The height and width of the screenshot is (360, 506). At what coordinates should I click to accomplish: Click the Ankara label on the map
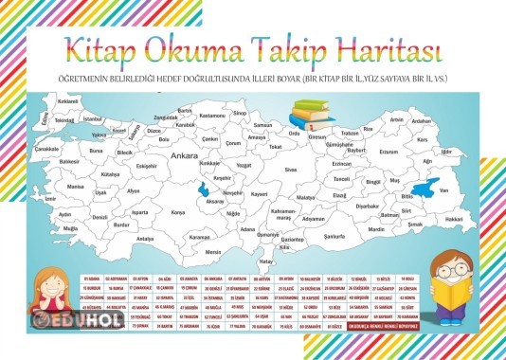coord(184,155)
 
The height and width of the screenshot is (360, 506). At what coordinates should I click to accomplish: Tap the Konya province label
coord(178,212)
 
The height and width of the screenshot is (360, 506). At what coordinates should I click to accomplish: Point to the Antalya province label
coord(145,239)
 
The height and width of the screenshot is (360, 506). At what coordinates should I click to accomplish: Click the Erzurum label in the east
coord(388,152)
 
